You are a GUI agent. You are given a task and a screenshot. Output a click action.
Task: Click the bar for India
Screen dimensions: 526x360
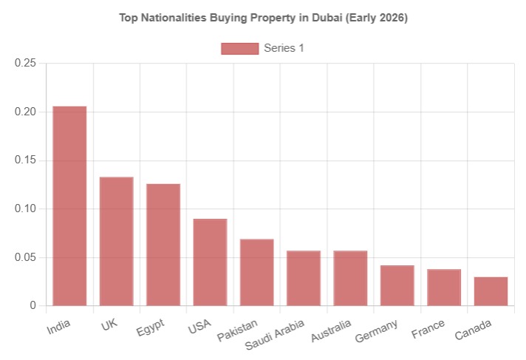coord(69,206)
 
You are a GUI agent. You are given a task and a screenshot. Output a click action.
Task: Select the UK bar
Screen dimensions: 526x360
coord(117,241)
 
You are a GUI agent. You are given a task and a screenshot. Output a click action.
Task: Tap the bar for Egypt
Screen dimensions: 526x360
coord(163,245)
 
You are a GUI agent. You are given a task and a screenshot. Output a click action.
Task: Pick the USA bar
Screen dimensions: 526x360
coord(210,262)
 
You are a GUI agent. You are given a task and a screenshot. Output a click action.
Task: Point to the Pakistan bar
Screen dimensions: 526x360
coord(257,272)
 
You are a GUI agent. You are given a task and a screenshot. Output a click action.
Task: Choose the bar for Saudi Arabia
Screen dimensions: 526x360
coord(304,278)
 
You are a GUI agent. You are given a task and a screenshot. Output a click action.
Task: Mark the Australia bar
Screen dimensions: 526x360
coord(351,278)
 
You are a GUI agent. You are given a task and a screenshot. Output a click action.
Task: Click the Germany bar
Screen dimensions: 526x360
coord(397,285)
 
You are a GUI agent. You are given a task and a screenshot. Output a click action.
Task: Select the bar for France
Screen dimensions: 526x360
coord(444,288)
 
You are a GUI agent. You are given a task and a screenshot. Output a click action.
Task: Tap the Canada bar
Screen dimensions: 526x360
coord(491,291)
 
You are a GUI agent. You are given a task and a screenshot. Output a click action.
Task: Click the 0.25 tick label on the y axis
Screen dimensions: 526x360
coord(25,63)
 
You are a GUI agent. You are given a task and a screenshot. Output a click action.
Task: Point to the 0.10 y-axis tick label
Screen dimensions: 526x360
coord(25,208)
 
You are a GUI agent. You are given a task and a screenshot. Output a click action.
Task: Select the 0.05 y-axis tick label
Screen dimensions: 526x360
coord(25,257)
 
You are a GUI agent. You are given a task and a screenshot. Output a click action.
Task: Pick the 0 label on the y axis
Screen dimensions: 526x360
coord(33,305)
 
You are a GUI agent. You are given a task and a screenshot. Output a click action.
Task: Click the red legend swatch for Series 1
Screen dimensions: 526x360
coord(240,48)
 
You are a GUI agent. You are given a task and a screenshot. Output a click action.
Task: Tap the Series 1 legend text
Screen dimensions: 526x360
coord(284,48)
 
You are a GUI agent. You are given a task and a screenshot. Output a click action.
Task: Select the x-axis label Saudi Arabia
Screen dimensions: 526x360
coord(275,334)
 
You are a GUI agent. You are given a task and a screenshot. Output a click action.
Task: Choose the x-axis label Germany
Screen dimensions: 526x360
coord(376,331)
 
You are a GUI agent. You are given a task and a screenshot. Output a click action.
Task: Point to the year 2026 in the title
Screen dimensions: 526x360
coord(393,18)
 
